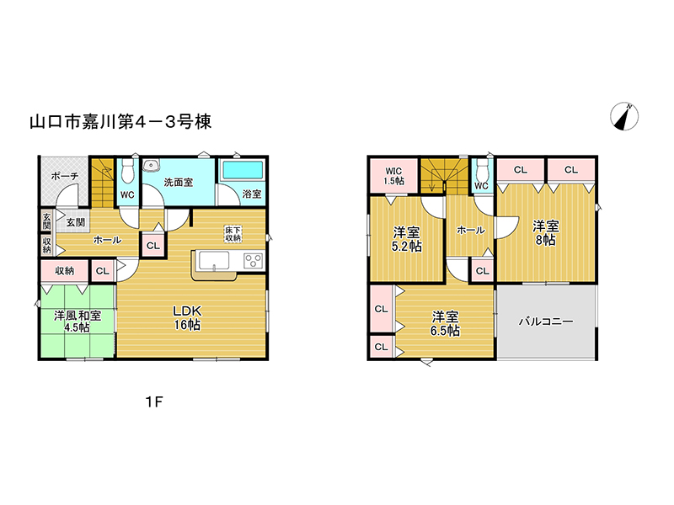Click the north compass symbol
tap(624, 116)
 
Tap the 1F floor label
tap(154, 402)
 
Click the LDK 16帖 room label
tap(187, 318)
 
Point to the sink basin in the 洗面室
tap(151, 165)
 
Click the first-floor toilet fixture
tap(127, 171)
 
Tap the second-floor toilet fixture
tap(481, 170)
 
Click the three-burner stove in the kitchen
tap(254, 261)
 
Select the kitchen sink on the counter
tap(214, 261)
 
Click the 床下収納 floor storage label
tap(233, 234)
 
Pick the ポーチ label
tap(65, 176)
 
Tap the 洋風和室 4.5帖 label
tap(78, 322)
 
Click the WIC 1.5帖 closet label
tap(393, 176)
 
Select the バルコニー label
tap(546, 322)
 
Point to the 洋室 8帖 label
tap(545, 233)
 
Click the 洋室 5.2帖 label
tap(406, 239)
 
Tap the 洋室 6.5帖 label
tap(445, 323)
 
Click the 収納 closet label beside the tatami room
tap(65, 270)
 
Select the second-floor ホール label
tap(471, 230)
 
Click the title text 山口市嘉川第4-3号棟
tap(120, 122)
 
